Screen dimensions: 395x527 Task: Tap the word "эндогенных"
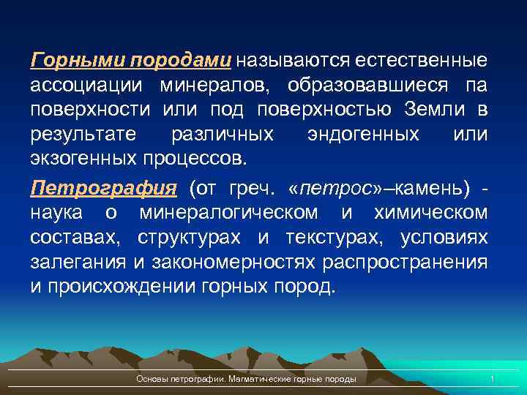[x=374, y=135]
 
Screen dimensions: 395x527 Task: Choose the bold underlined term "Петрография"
[x=103, y=188]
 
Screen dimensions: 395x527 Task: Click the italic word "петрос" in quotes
[x=336, y=188]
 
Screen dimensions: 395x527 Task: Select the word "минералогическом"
[x=229, y=213]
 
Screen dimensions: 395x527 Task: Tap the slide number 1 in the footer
[x=493, y=378]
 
